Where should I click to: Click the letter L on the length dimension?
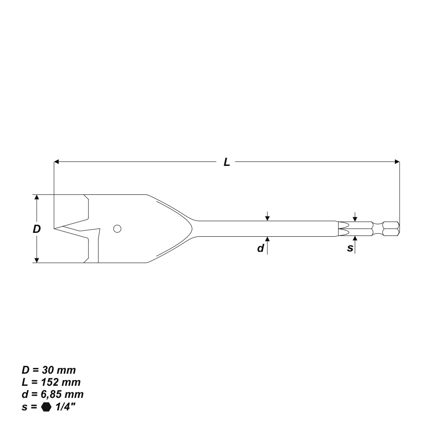tap(227, 162)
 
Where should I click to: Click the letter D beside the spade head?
tap(37, 229)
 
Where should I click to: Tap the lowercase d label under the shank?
tap(260, 248)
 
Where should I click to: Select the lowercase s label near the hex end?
tap(350, 248)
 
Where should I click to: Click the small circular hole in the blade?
tap(117, 229)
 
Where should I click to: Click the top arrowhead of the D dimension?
tap(37, 197)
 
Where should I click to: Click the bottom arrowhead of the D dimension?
tap(37, 260)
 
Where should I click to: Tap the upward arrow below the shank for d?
tap(268, 240)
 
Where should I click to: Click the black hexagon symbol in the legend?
tap(46, 407)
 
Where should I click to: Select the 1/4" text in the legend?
tap(65, 407)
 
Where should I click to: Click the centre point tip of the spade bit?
tap(55, 228)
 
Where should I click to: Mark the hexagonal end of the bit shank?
tap(391, 229)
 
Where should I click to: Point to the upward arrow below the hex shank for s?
tap(355, 239)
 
